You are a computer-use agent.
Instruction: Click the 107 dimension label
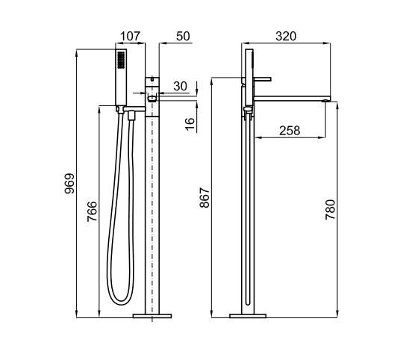click(130, 36)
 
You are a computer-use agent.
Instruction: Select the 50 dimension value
click(183, 36)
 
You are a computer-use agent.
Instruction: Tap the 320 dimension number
click(286, 36)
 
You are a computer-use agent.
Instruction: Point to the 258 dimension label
click(290, 131)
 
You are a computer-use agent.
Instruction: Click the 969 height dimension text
click(69, 184)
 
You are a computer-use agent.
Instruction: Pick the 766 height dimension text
click(92, 211)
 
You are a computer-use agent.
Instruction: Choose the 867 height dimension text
click(204, 197)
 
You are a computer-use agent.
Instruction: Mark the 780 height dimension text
click(330, 210)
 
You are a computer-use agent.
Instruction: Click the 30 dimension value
click(180, 86)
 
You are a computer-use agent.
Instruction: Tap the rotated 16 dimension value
click(190, 123)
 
